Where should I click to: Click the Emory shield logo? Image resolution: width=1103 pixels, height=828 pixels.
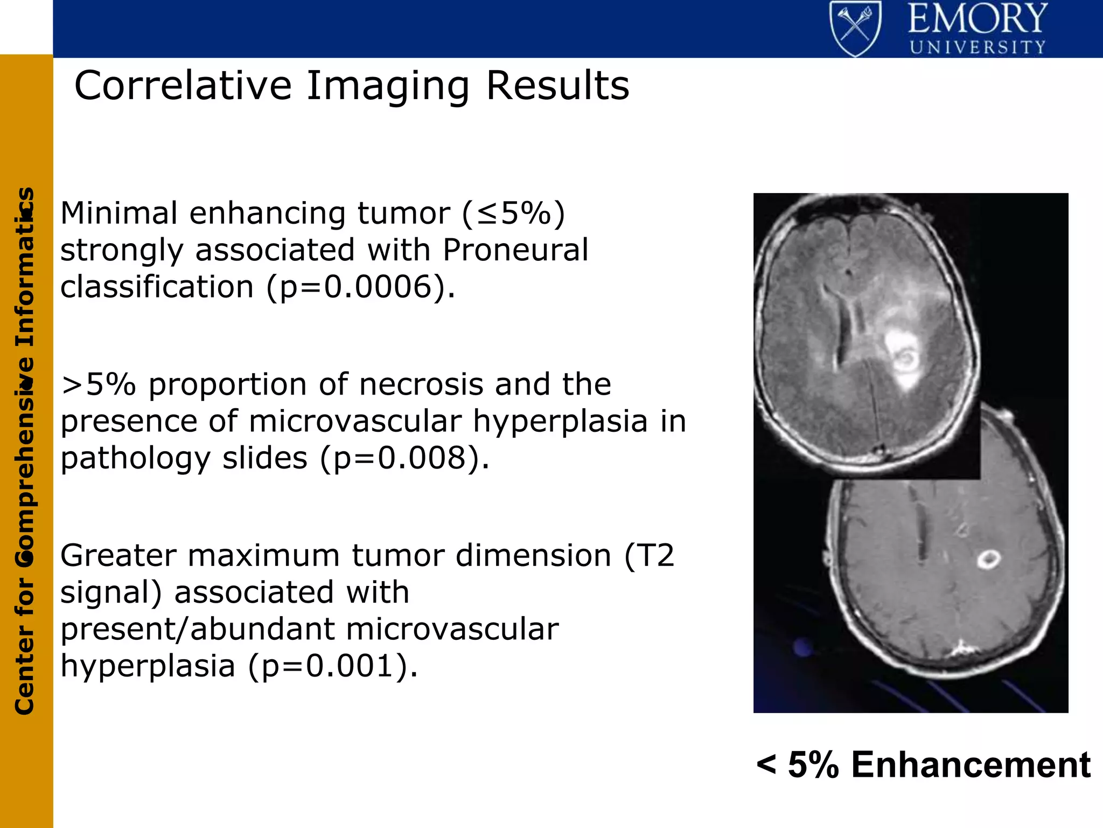pyautogui.click(x=855, y=28)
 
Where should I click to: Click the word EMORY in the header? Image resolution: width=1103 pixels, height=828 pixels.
pyautogui.click(x=977, y=19)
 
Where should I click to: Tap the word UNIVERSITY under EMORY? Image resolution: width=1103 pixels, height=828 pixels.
pyautogui.click(x=977, y=47)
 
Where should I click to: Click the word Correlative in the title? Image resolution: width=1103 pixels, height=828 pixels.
pyautogui.click(x=183, y=86)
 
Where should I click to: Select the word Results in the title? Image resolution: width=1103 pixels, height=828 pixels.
pyautogui.click(x=557, y=86)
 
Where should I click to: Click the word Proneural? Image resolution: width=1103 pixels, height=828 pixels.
pyautogui.click(x=515, y=250)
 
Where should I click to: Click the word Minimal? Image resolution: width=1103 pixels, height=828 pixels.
pyautogui.click(x=118, y=213)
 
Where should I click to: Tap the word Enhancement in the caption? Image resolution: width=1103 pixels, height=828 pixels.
pyautogui.click(x=971, y=765)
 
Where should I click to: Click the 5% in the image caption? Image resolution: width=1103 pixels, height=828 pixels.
pyautogui.click(x=813, y=765)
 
